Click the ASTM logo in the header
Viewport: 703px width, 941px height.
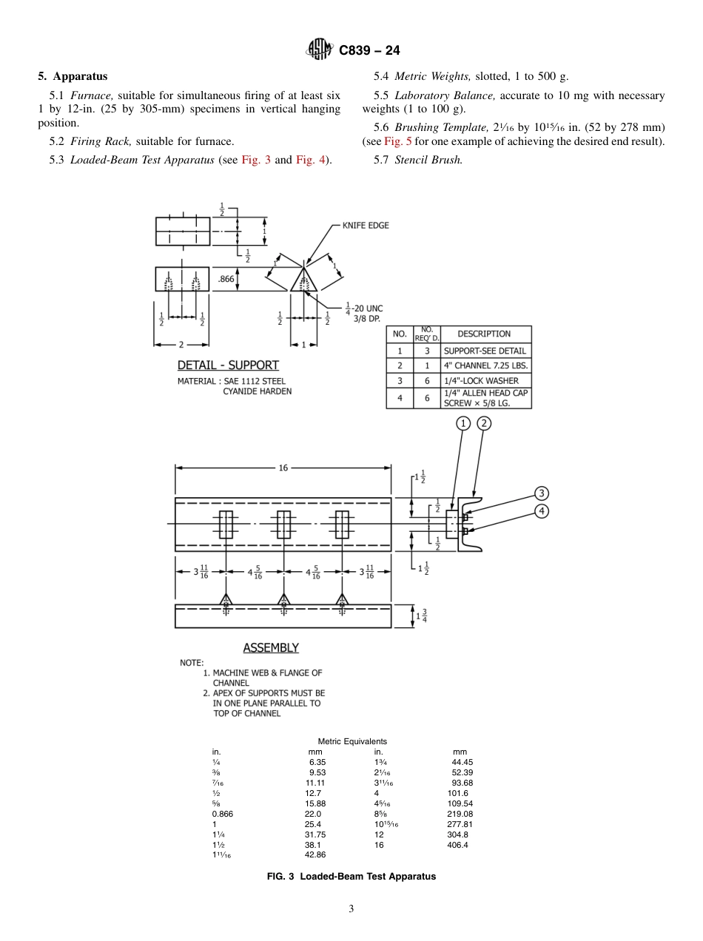pyautogui.click(x=320, y=50)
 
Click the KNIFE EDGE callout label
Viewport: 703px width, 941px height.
pyautogui.click(x=365, y=226)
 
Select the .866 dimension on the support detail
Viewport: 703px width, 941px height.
pyautogui.click(x=225, y=279)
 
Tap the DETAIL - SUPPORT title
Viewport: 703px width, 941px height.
pyautogui.click(x=228, y=365)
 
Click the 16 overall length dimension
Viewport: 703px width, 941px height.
pyautogui.click(x=283, y=468)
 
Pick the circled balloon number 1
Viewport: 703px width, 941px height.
pyautogui.click(x=463, y=423)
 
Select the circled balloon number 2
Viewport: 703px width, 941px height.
pyautogui.click(x=484, y=423)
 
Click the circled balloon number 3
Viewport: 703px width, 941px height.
pyautogui.click(x=542, y=493)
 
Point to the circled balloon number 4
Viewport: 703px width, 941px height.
pyautogui.click(x=542, y=511)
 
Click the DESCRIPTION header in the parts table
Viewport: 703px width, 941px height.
pyautogui.click(x=484, y=334)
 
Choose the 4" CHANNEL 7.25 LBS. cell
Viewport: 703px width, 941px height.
pyautogui.click(x=486, y=365)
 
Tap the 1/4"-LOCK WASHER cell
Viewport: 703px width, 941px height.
pyautogui.click(x=481, y=380)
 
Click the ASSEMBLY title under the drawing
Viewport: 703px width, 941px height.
pyautogui.click(x=271, y=648)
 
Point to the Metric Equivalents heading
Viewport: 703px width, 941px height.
pyautogui.click(x=352, y=741)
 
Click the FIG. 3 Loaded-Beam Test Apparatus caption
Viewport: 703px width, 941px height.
pyautogui.click(x=351, y=877)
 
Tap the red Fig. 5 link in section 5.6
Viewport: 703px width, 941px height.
pyautogui.click(x=397, y=141)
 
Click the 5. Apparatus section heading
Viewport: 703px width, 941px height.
pyautogui.click(x=73, y=76)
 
